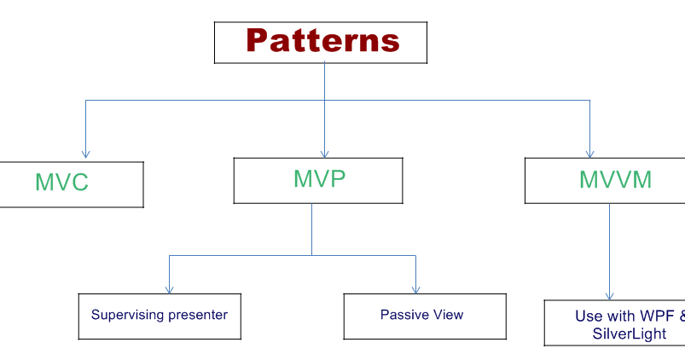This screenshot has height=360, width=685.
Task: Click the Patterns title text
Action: tap(322, 40)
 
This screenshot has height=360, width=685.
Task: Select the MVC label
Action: tap(61, 183)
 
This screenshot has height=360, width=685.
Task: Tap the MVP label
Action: tap(319, 178)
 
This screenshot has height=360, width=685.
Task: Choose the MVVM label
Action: tap(615, 179)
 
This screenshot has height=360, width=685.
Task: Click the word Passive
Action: tap(401, 315)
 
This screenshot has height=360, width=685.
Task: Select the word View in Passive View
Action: tap(444, 315)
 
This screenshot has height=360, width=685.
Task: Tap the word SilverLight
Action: tap(629, 334)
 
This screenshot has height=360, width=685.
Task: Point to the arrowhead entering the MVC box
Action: tap(85, 154)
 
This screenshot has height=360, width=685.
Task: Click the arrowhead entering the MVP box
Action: tap(324, 154)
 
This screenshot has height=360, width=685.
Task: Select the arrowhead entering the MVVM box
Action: tap(589, 154)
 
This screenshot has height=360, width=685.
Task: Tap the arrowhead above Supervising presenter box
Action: tap(170, 290)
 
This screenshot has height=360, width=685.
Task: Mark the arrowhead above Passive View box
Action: tap(416, 290)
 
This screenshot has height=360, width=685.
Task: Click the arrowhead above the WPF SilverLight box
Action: tap(609, 296)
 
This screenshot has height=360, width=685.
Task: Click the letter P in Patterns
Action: tap(257, 40)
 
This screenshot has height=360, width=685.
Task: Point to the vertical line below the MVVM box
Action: tap(609, 252)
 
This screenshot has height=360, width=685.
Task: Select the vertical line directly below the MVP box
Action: tap(312, 229)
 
